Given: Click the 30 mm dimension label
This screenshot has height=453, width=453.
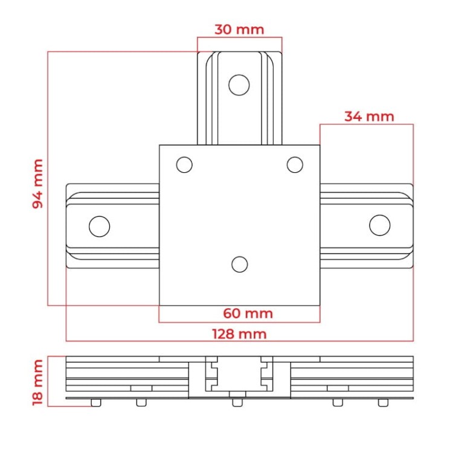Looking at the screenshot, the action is pos(239,30).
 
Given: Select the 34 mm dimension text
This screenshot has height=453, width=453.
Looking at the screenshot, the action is pos(369,117).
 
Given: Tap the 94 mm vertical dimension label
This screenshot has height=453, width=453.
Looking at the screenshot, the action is pos(38,184).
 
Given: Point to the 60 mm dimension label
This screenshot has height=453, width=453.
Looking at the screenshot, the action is pos(248,313).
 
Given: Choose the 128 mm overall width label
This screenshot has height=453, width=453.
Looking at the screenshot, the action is pos(239,334).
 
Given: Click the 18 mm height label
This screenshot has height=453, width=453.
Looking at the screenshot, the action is pos(38,382).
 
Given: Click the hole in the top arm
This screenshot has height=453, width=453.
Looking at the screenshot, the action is pos(239,85).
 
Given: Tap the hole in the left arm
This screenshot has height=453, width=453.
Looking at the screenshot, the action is pos(100,226).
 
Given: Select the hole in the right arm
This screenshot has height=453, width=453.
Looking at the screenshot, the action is pos(380,225).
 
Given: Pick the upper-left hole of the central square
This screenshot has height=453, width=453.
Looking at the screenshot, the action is pos(184,165).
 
